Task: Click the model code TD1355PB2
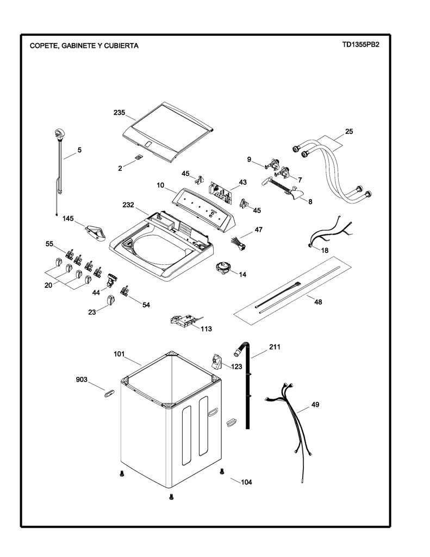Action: click(361, 45)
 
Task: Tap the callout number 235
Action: click(119, 113)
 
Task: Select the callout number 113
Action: click(206, 329)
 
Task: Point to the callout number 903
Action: click(82, 380)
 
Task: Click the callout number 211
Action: click(275, 346)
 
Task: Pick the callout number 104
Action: click(246, 482)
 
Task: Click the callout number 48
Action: click(318, 302)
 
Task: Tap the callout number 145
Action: click(68, 219)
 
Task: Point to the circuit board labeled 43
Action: click(220, 193)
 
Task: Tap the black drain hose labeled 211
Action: click(246, 383)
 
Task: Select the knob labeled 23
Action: click(111, 300)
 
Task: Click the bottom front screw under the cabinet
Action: click(171, 497)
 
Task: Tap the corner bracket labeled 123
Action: click(216, 361)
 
